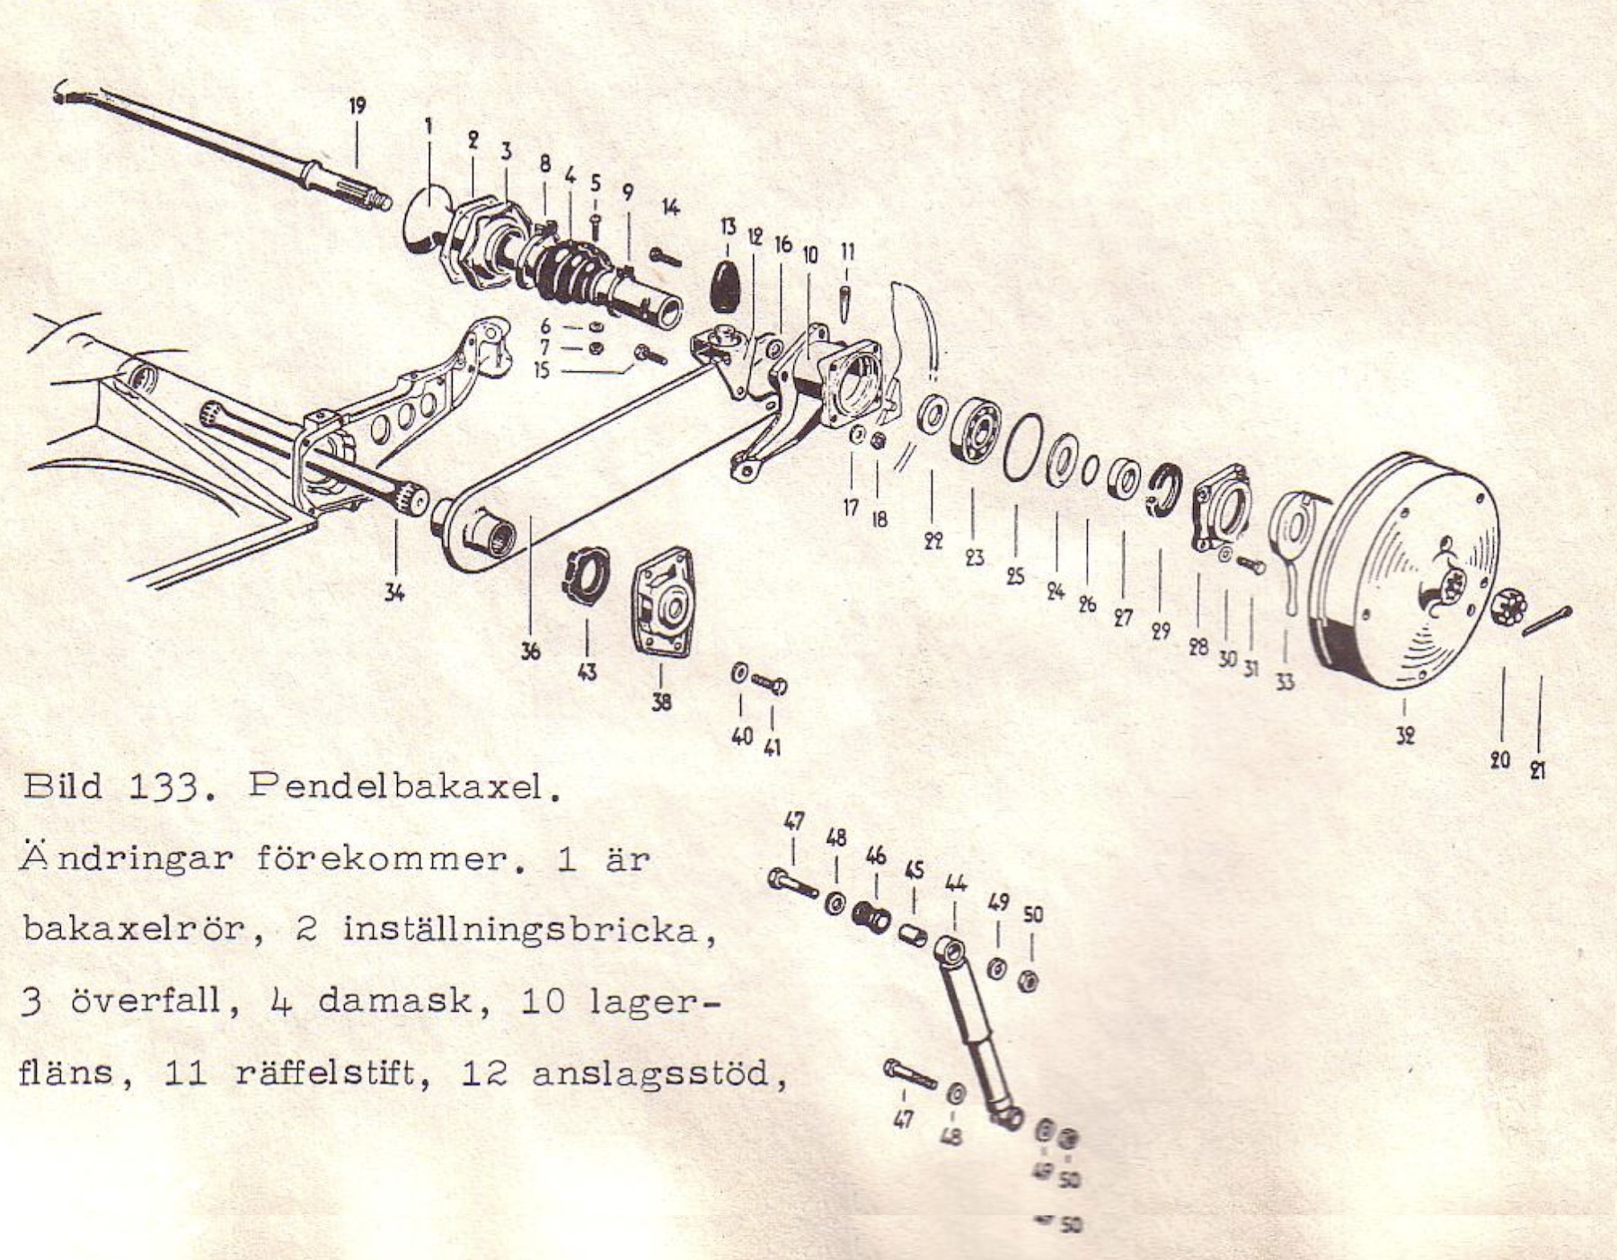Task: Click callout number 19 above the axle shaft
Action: pos(358,106)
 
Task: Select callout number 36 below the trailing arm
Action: pos(530,650)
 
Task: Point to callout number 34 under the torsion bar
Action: pos(394,591)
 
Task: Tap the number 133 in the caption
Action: pos(163,787)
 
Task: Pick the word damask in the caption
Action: pos(395,1001)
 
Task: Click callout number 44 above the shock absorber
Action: pos(955,883)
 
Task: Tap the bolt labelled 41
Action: pos(770,685)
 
